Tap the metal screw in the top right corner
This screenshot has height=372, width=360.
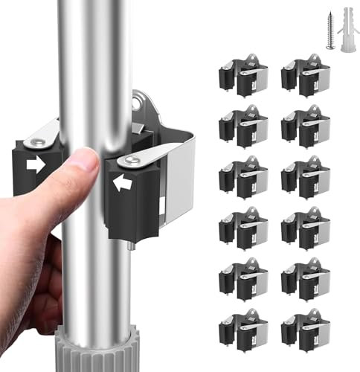330,31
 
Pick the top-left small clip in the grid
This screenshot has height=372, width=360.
242,78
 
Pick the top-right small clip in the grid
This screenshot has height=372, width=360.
305,78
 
